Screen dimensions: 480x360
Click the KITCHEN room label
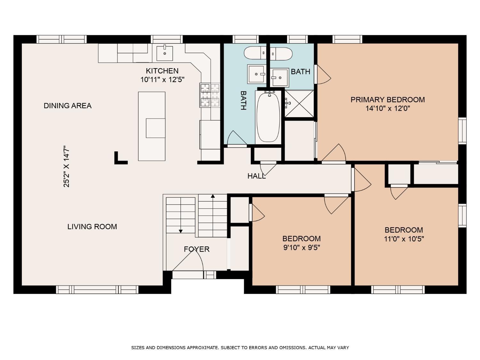click(162, 71)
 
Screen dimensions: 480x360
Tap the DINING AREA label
click(68, 106)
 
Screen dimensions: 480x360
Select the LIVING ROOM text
click(92, 227)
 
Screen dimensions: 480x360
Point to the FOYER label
click(196, 249)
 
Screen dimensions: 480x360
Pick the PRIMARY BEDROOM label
click(388, 100)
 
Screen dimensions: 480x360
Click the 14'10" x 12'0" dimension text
click(388, 108)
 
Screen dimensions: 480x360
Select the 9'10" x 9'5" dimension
click(301, 247)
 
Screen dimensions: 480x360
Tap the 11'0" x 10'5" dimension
click(404, 239)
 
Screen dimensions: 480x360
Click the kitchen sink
click(165, 53)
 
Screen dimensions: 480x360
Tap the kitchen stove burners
click(210, 95)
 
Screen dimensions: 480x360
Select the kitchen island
click(152, 126)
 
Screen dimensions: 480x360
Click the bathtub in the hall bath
click(268, 117)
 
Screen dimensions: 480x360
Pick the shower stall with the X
click(299, 104)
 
